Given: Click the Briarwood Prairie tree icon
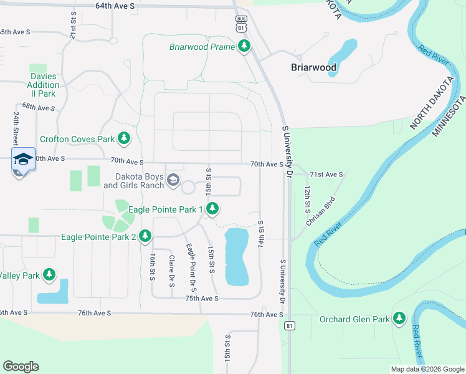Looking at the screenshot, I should click(x=245, y=47).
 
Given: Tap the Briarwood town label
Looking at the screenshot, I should click(x=314, y=67).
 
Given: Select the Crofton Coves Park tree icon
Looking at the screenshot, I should click(x=125, y=138).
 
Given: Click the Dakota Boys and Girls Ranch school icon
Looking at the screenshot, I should click(x=173, y=181).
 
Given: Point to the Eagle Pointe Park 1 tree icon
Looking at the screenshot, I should click(x=212, y=209).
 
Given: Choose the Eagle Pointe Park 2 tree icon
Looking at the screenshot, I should click(x=145, y=236).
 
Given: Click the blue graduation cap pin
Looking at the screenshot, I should click(x=23, y=160).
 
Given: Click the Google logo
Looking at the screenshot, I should click(x=21, y=367).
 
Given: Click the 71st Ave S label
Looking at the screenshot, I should click(x=326, y=175).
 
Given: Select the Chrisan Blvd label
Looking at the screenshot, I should click(x=321, y=211).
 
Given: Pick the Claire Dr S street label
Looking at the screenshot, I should click(x=171, y=271).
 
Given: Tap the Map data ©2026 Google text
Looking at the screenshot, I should click(x=427, y=369).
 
